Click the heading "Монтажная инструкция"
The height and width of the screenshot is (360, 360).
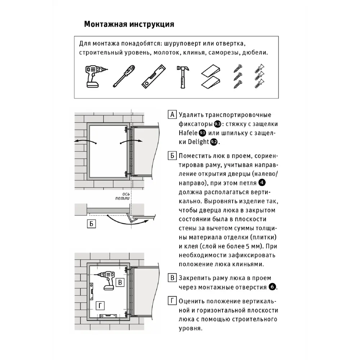[x=129, y=24]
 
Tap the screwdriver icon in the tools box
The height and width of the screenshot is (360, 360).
[x=123, y=76]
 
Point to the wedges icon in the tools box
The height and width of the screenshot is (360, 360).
[x=211, y=76]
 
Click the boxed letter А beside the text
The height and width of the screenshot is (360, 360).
[x=172, y=115]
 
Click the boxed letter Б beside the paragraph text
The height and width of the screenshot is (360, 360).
[x=172, y=156]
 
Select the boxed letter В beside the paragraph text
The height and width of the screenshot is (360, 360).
[x=172, y=278]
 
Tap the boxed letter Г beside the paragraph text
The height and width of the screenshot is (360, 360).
[x=172, y=301]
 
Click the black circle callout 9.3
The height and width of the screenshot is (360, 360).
[x=217, y=124]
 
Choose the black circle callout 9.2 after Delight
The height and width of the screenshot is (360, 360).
[x=214, y=142]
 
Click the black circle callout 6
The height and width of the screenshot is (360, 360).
[x=272, y=287]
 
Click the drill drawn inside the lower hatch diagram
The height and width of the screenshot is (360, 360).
[x=108, y=279]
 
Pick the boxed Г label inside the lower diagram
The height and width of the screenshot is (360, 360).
[x=101, y=305]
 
